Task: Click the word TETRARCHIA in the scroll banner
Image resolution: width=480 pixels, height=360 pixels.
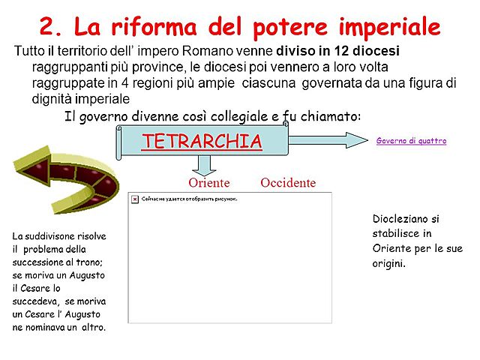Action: pyautogui.click(x=201, y=141)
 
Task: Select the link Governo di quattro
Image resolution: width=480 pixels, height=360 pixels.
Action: pyautogui.click(x=411, y=141)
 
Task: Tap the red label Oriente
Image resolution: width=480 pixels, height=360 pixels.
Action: pyautogui.click(x=208, y=183)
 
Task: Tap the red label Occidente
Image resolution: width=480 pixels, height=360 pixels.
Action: pyautogui.click(x=288, y=183)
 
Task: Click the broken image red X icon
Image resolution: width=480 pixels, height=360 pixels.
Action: pyautogui.click(x=134, y=199)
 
